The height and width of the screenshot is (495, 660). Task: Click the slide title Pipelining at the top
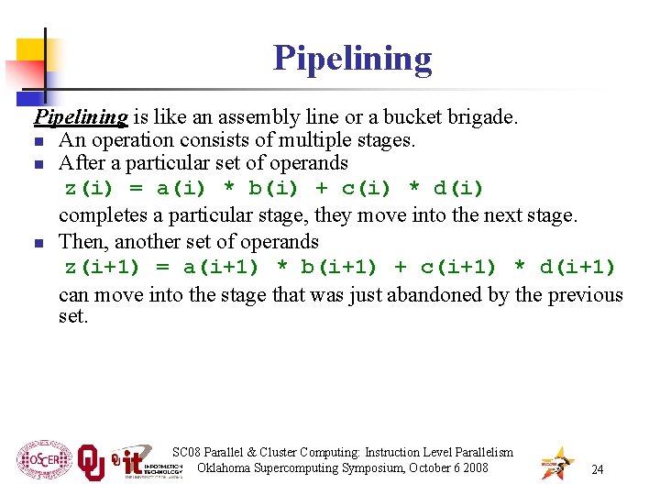(352, 59)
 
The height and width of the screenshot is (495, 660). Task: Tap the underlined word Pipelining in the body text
(81, 117)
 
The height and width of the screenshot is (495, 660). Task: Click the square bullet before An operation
(38, 142)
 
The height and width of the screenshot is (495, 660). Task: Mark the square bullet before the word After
(38, 165)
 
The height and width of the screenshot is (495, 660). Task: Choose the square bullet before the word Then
(38, 244)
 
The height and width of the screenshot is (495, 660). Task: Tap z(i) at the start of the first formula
(90, 189)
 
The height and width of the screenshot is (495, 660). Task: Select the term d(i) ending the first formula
(457, 189)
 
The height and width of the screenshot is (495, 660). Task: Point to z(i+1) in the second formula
(102, 268)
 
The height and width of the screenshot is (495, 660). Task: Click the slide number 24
(597, 469)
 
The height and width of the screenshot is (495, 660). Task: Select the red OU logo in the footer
(91, 463)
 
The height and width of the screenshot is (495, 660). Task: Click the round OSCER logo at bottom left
(44, 461)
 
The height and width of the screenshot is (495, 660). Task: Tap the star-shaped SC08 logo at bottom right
(557, 463)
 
